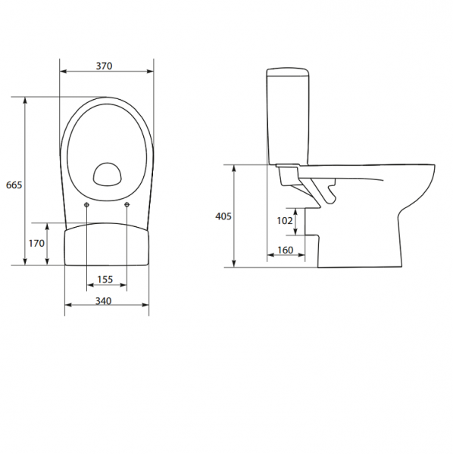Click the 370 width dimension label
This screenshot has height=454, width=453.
coord(104,66)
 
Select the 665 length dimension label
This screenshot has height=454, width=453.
coord(14,185)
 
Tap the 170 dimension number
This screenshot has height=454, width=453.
coord(36,244)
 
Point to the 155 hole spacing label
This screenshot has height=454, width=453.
coord(105,279)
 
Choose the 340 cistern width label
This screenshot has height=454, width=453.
coord(103,301)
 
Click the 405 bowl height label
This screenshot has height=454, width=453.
coord(223,216)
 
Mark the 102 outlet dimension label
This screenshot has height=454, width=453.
coord(285,221)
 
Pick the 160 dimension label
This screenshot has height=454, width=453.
coord(286,250)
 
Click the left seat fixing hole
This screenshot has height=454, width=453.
coord(86,205)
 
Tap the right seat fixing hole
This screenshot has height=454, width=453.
coord(127,205)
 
